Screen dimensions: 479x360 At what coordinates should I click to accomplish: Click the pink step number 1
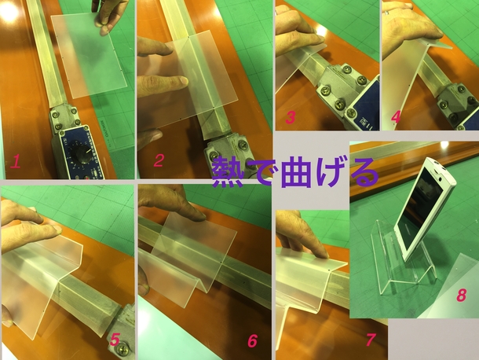pyautogui.click(x=15, y=162)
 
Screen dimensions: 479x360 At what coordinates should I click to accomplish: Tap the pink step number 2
pyautogui.click(x=159, y=160)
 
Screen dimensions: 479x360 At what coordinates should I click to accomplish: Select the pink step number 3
pyautogui.click(x=291, y=117)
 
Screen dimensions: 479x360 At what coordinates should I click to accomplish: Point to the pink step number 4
pyautogui.click(x=396, y=116)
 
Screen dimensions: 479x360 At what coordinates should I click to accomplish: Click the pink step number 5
pyautogui.click(x=115, y=340)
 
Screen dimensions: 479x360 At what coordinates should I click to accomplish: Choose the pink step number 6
pyautogui.click(x=252, y=340)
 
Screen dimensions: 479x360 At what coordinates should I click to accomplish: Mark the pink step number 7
pyautogui.click(x=371, y=340)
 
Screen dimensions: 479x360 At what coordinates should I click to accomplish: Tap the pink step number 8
pyautogui.click(x=461, y=296)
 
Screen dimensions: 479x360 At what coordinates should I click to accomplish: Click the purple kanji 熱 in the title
pyautogui.click(x=229, y=172)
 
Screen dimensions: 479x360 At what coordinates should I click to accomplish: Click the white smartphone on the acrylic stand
pyautogui.click(x=425, y=209)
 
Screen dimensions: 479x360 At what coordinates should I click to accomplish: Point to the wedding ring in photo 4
pyautogui.click(x=387, y=13)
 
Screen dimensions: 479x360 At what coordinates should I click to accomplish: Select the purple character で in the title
pyautogui.click(x=263, y=172)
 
